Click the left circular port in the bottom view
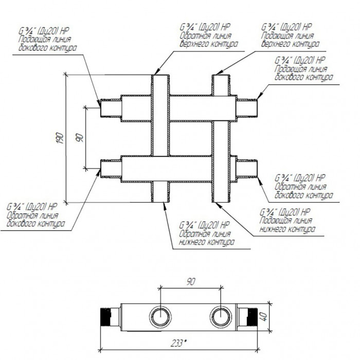[161, 314]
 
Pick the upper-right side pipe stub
[247, 107]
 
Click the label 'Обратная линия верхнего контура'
[209, 40]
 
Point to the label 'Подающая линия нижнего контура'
[287, 224]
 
